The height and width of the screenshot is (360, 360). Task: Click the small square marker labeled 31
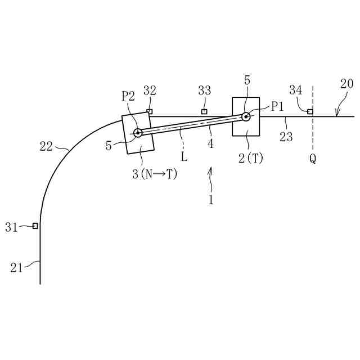(x=35, y=226)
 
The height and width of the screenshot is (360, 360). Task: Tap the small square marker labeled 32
(x=149, y=111)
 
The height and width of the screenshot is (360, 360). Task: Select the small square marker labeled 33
(x=204, y=111)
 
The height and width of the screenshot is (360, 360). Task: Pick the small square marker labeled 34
(x=310, y=111)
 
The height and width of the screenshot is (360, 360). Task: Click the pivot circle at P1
(x=246, y=116)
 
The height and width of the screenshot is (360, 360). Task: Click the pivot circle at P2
(x=138, y=133)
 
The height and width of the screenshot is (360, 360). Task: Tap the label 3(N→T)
(x=155, y=174)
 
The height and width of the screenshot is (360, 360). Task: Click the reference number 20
(x=347, y=84)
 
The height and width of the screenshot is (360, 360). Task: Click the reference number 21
(x=17, y=268)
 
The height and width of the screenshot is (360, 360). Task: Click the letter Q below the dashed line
(x=313, y=159)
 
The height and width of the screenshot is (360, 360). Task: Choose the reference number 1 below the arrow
(x=211, y=199)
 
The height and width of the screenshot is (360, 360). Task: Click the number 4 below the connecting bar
(x=210, y=144)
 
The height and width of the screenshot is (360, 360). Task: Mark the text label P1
(x=278, y=106)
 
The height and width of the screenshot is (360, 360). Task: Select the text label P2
(x=128, y=96)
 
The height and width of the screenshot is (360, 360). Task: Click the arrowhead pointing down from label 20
(x=336, y=115)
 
